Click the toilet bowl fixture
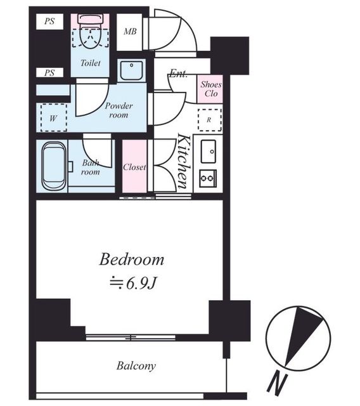(x=90, y=32)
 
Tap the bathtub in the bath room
(x=54, y=166)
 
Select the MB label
(x=130, y=32)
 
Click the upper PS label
(x=49, y=21)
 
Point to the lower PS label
(x=49, y=73)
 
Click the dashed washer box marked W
(x=54, y=117)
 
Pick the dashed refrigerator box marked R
(x=210, y=120)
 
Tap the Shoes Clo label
(x=211, y=89)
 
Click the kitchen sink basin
(x=209, y=152)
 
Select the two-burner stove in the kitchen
(x=208, y=178)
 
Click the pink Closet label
(x=134, y=167)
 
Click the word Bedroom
(x=132, y=259)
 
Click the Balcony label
(x=136, y=366)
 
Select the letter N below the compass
(x=277, y=385)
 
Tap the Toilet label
(x=91, y=63)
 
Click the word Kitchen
(x=185, y=160)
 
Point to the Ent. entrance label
(x=178, y=74)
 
